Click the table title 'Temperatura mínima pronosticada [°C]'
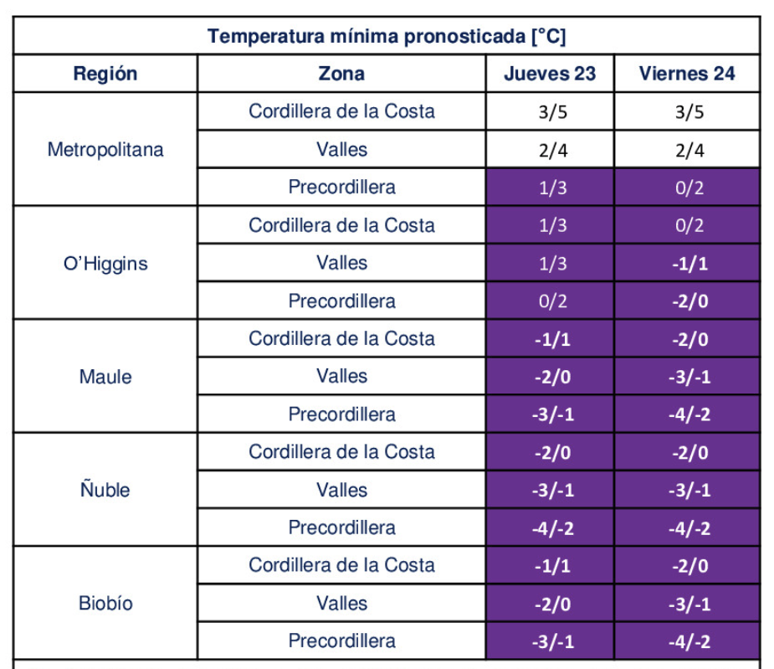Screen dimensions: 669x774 tap(387, 37)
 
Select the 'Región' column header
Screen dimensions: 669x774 tap(105, 74)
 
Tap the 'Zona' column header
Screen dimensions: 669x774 tap(341, 74)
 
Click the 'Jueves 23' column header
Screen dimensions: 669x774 tap(550, 74)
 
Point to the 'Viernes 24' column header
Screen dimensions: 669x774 tap(687, 74)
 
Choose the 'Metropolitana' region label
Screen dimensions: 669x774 tap(105, 150)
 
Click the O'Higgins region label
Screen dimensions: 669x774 tap(105, 264)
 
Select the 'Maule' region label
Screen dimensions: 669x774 tap(105, 377)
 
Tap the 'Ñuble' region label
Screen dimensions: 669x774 tap(105, 490)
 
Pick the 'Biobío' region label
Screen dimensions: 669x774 tap(105, 603)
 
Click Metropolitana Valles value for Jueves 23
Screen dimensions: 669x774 tap(552, 151)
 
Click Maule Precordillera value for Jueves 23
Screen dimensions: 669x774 tap(552, 414)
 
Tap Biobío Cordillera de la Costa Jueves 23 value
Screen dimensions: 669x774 tap(552, 566)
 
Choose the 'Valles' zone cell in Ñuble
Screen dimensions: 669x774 tap(341, 490)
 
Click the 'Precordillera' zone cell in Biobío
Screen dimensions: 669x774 tap(341, 641)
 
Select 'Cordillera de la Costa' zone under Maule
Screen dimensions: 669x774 tap(341, 339)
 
